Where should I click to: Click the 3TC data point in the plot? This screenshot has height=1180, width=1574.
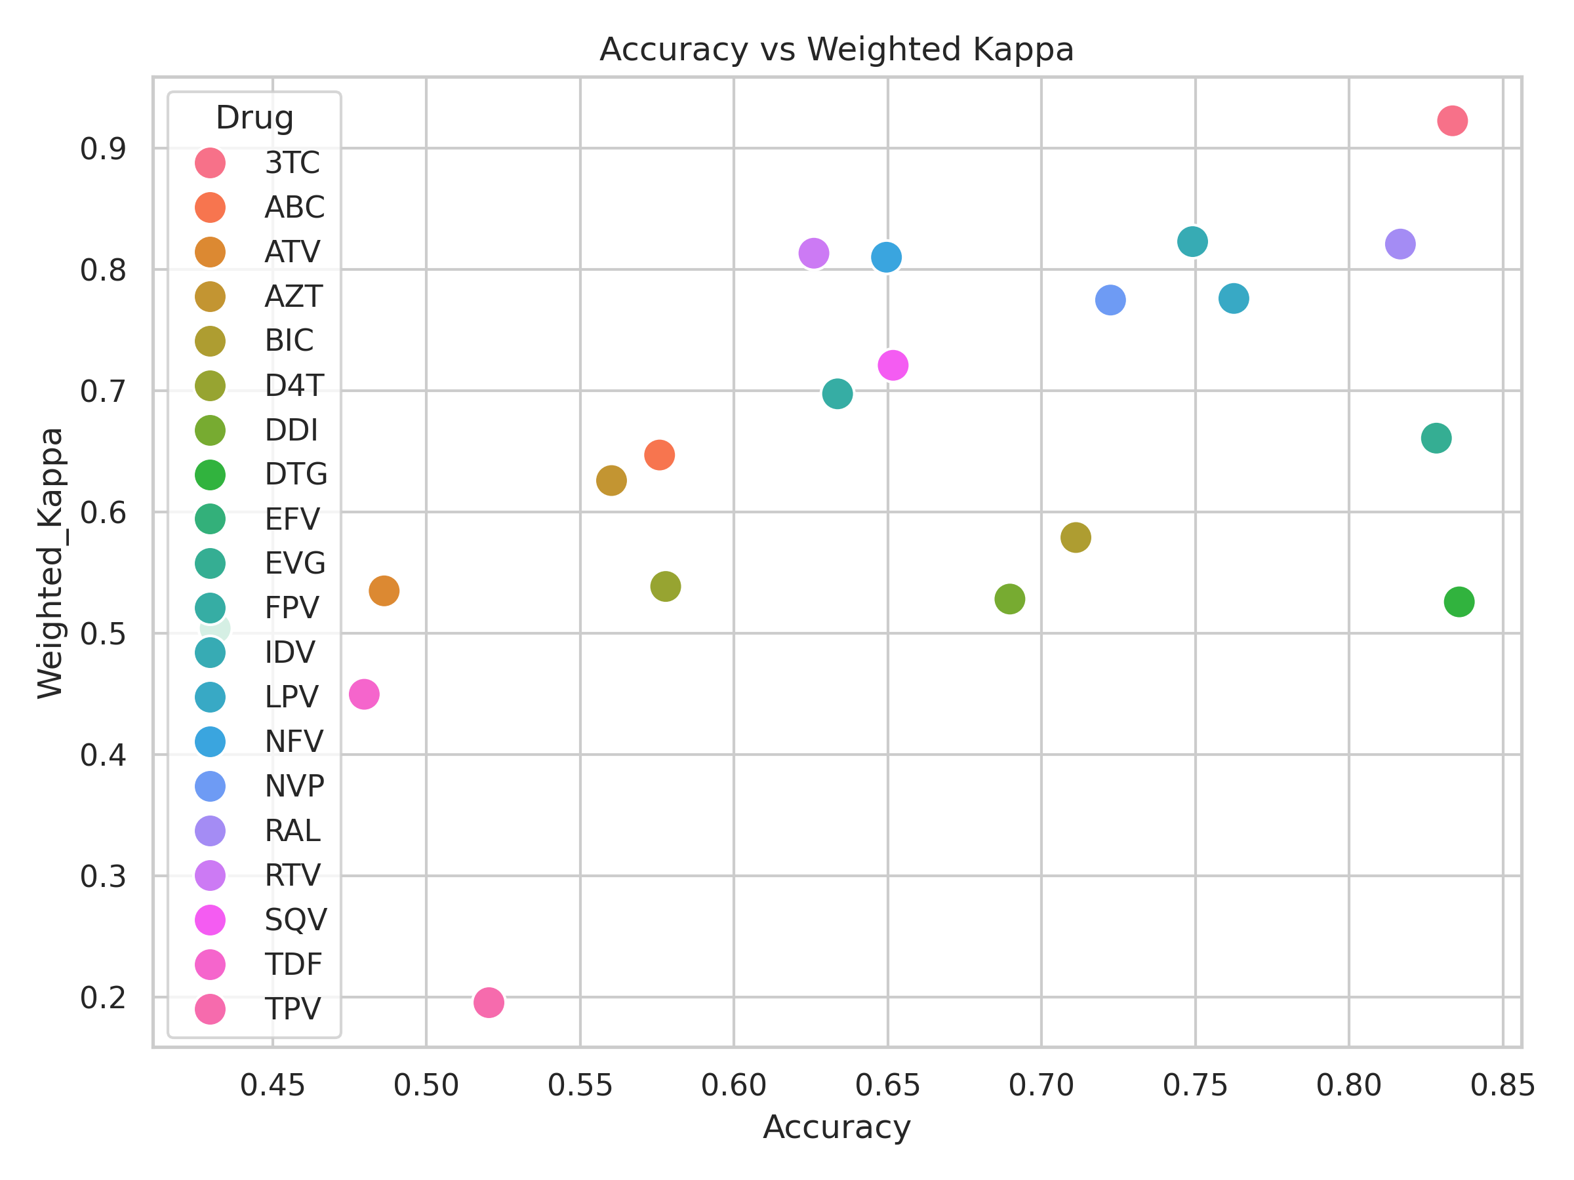1452,121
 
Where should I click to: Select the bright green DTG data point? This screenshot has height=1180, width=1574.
1459,602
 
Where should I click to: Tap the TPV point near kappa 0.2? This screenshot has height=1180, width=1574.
489,1003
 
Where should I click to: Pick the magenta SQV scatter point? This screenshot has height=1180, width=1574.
893,366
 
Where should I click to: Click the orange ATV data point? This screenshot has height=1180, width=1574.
384,591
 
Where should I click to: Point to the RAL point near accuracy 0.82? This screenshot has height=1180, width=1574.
1400,245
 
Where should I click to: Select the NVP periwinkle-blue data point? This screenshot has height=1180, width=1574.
1111,300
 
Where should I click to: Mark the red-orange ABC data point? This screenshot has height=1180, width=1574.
660,455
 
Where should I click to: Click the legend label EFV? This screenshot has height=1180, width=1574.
292,519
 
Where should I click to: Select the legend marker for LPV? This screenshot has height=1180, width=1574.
210,697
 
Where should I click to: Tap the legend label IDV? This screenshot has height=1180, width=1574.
290,653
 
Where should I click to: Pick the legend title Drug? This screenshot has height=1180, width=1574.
254,118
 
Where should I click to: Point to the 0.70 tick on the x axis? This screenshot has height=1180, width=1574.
1041,1086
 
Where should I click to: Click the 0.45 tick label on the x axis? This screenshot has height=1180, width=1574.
273,1086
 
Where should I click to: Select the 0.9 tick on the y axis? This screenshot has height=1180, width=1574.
102,149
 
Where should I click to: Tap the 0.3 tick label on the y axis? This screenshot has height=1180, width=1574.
102,877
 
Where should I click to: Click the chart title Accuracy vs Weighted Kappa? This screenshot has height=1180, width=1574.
837,50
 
